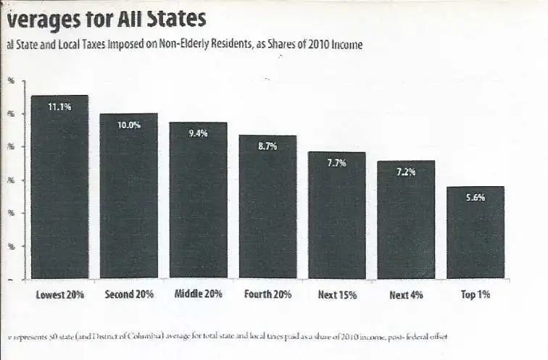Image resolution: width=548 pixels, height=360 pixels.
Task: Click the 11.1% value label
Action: point(59,107)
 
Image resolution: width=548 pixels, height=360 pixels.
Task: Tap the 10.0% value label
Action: point(129,125)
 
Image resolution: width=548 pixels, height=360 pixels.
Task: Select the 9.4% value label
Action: point(198,133)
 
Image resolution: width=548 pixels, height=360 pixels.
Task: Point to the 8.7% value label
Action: point(267,146)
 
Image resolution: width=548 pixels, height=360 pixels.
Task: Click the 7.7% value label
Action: point(336,163)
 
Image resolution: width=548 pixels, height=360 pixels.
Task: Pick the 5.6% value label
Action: point(476,197)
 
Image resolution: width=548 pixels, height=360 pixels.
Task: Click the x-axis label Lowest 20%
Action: point(60,295)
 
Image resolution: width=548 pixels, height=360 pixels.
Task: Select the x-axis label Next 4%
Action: point(406,295)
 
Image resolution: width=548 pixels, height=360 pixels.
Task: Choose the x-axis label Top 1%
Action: point(476,295)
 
